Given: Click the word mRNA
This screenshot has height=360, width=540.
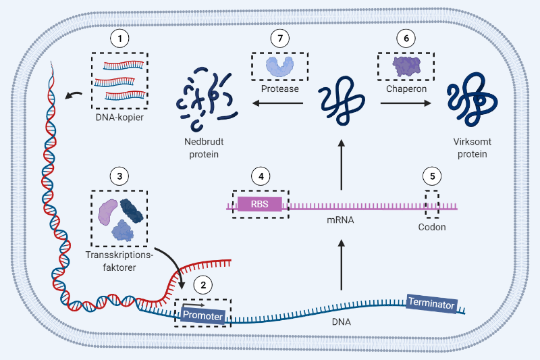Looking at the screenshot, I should point(340,220).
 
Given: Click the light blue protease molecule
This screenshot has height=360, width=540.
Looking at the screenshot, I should point(279,65).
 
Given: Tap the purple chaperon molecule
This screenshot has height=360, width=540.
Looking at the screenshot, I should point(406,65).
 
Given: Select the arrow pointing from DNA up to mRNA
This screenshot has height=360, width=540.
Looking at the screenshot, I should point(340,266).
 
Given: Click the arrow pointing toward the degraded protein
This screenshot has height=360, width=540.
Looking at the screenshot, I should point(277,103).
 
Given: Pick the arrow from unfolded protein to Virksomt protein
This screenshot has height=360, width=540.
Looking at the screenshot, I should point(406,103).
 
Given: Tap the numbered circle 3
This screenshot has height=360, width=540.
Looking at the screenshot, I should point(119,176).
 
